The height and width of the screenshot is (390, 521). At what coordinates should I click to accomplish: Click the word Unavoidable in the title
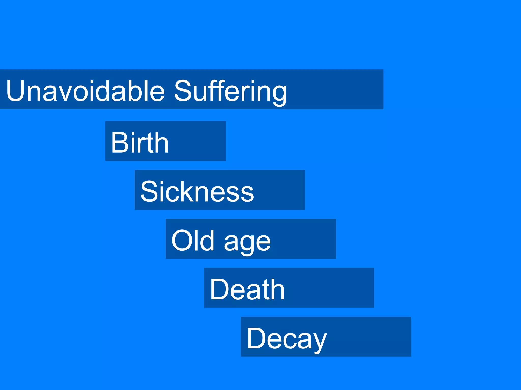pos(85,91)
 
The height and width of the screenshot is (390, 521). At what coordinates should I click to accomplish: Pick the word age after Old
pos(248,242)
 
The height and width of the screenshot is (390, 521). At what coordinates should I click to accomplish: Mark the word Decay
pos(286,339)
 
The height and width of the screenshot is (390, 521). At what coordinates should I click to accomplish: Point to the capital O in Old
pos(182,240)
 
